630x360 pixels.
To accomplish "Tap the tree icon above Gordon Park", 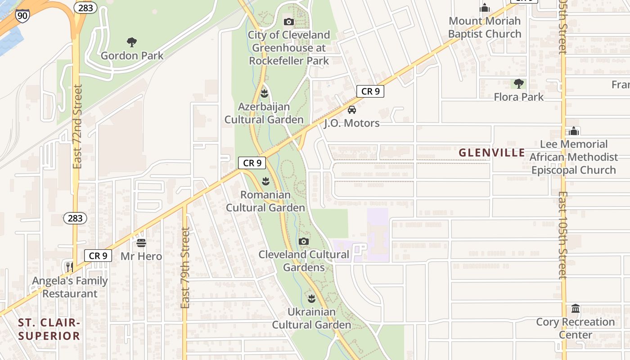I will (x=132, y=43).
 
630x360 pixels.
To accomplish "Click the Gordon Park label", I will (x=132, y=56).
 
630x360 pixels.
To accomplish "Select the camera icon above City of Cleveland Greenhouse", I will (x=289, y=22).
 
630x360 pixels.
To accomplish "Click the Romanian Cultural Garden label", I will (x=265, y=201).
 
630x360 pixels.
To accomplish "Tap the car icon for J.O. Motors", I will (x=352, y=109).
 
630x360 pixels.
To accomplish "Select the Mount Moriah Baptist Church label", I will (x=485, y=27).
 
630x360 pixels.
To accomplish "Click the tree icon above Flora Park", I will (x=519, y=84).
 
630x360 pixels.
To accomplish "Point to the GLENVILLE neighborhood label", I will (x=492, y=153).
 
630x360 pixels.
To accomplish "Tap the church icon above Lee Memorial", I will (x=574, y=131).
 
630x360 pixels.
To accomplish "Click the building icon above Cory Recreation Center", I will (x=576, y=309).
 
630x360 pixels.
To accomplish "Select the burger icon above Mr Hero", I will (x=141, y=243).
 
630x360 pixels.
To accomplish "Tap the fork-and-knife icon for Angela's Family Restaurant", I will (x=69, y=267).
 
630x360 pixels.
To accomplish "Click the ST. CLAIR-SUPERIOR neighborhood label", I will (x=49, y=329).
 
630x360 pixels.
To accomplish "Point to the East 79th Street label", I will (x=185, y=268).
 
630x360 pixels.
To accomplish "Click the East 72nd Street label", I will (x=77, y=126).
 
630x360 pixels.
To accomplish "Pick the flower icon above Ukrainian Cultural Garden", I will (x=311, y=298).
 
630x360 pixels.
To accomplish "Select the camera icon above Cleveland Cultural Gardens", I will (x=304, y=241).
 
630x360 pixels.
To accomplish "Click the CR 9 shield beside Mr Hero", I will (x=98, y=256).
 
